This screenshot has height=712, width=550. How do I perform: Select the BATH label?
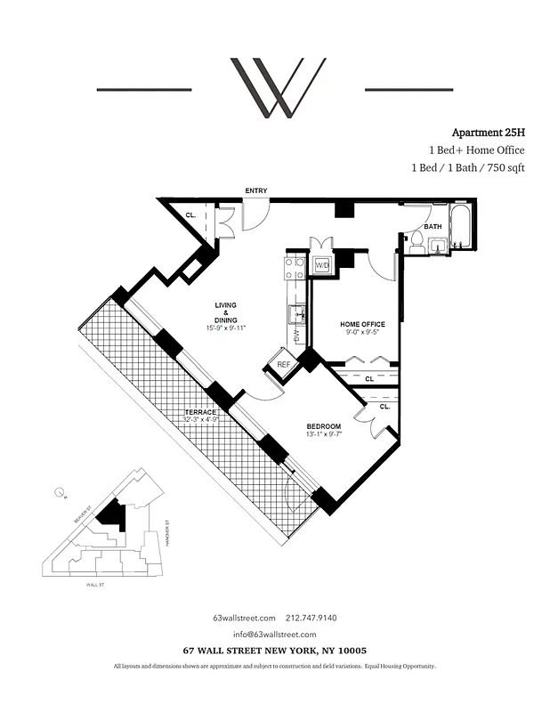(433, 227)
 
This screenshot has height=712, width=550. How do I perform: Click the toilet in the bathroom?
(415, 241)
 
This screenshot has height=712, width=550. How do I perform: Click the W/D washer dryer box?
(321, 266)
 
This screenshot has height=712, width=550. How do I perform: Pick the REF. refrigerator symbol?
(284, 365)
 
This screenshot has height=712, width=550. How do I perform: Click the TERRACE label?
(201, 412)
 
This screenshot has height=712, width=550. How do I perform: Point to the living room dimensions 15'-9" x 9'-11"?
(224, 328)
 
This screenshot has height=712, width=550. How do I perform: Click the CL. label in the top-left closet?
(191, 215)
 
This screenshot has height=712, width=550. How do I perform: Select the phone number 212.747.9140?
(318, 618)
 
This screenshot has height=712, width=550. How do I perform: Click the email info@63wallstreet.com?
(275, 635)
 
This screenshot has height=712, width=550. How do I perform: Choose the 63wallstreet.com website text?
(242, 618)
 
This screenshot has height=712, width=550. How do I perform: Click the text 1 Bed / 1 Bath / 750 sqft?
(462, 167)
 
